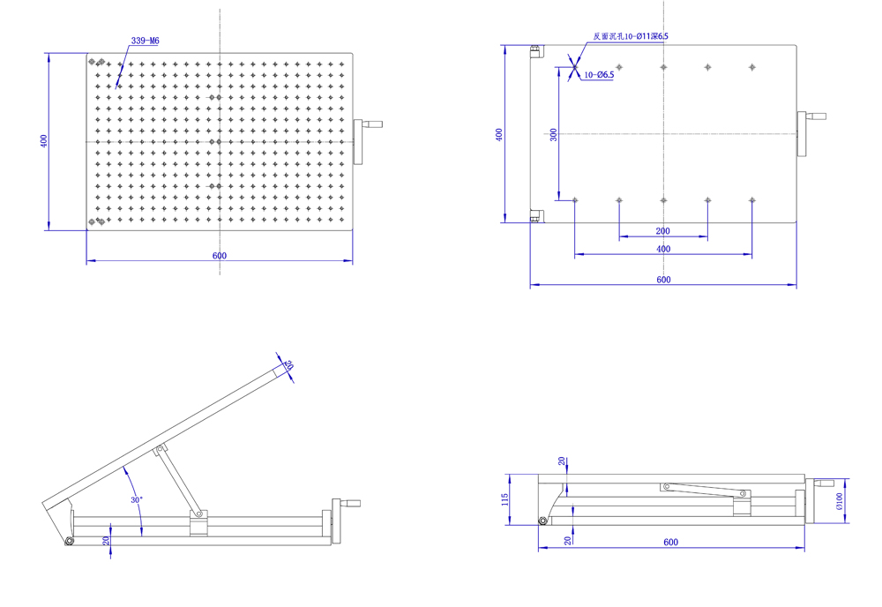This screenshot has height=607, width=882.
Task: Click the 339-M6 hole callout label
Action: click(x=145, y=41)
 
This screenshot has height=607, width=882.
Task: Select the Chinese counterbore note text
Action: click(x=631, y=36)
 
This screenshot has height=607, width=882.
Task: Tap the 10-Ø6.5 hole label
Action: click(x=599, y=75)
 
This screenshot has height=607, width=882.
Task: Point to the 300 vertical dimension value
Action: click(x=553, y=134)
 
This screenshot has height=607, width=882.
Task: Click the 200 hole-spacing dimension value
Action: click(x=663, y=231)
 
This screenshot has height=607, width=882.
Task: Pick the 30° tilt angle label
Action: click(x=137, y=500)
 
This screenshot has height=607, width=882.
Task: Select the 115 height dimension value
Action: click(x=505, y=499)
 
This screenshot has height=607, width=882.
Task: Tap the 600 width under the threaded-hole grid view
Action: click(x=220, y=256)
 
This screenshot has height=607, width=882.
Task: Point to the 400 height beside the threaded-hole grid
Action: click(x=43, y=141)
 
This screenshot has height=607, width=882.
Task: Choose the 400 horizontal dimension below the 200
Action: click(x=663, y=249)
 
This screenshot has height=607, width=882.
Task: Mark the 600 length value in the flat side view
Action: click(x=670, y=542)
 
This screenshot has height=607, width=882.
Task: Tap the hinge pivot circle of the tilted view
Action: click(x=69, y=541)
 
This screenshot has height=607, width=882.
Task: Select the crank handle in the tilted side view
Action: click(x=351, y=504)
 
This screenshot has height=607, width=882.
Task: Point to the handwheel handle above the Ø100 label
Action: click(x=824, y=483)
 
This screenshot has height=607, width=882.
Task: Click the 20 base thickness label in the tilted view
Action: click(x=107, y=540)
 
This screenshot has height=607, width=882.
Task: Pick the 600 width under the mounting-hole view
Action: click(x=663, y=280)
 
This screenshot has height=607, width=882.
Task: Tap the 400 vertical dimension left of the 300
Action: click(x=499, y=134)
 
